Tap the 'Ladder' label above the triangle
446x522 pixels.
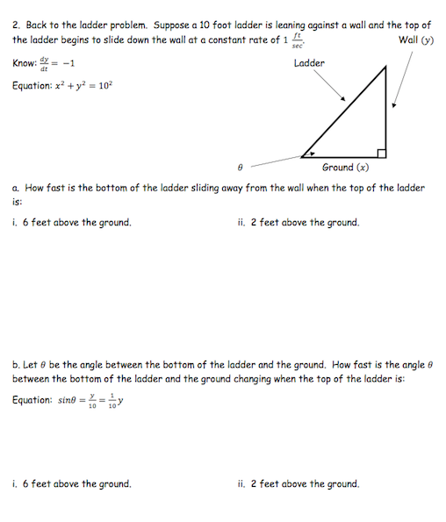click(x=309, y=63)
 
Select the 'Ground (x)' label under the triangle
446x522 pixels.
click(x=345, y=167)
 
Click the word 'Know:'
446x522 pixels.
click(x=25, y=63)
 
